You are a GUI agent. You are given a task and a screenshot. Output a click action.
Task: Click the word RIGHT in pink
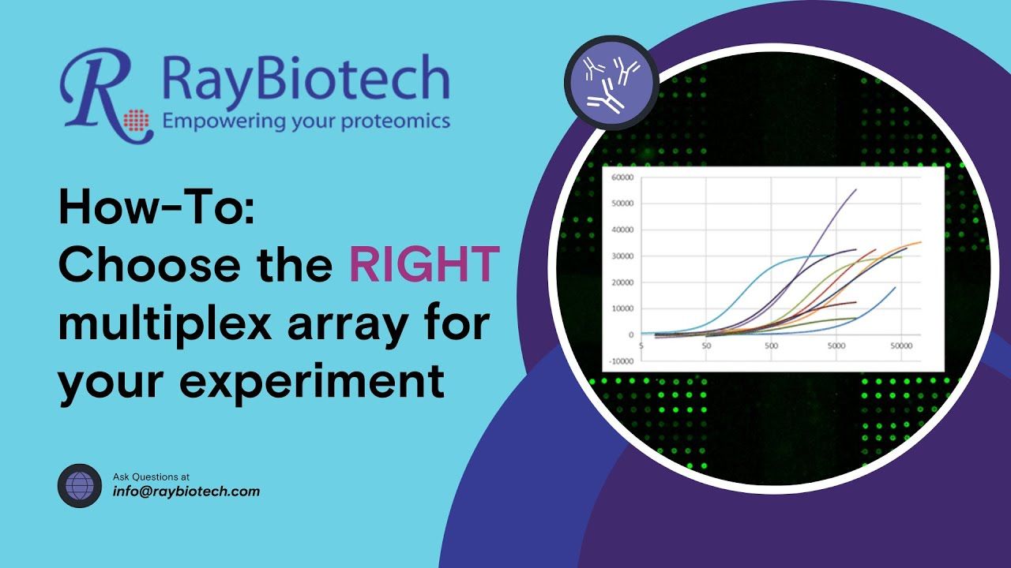pos(424,264)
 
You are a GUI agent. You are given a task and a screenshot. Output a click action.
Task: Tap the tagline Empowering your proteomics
pos(306,121)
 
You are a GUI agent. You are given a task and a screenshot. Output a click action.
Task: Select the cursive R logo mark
pos(106,95)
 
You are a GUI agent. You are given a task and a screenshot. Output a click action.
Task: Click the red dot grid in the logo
pos(137,119)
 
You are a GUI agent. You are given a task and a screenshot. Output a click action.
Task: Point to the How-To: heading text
pos(157,207)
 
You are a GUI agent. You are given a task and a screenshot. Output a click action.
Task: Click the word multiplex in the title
pos(165,325)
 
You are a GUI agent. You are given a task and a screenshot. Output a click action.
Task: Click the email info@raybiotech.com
pos(186,491)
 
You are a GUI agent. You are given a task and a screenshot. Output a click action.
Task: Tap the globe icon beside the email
pos(80,486)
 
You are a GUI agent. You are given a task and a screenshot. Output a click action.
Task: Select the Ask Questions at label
pos(151,476)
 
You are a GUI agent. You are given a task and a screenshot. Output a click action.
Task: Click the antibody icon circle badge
pos(611,83)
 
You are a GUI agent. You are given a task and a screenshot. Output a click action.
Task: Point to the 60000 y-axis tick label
pos(622,177)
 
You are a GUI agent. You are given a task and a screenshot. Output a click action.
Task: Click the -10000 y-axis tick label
pos(621,361)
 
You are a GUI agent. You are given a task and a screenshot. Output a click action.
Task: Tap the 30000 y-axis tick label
pos(622,256)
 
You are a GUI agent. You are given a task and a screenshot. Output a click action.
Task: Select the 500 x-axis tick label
pos(772,346)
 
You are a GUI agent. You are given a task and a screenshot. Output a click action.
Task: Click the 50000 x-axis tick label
pos(901,346)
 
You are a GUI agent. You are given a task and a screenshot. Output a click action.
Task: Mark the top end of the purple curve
pos(856,189)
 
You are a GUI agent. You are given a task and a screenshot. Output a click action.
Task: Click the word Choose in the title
pos(149,264)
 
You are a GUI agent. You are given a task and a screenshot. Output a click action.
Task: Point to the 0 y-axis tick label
pos(631,335)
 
